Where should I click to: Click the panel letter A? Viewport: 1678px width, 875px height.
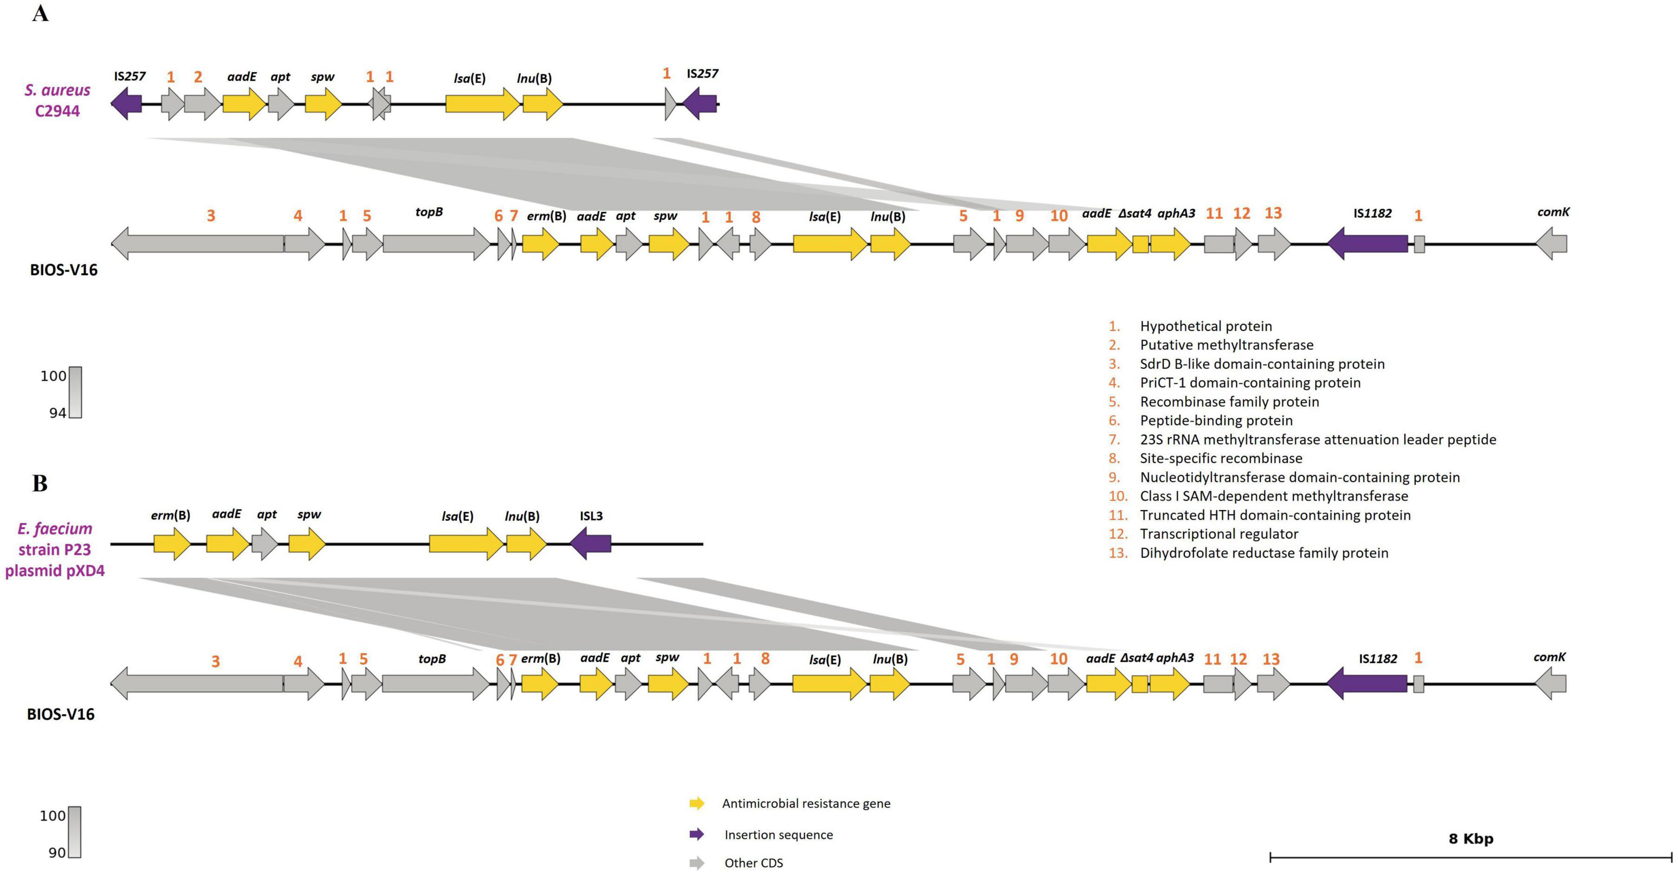point(40,13)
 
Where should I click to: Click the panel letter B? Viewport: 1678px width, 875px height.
point(40,483)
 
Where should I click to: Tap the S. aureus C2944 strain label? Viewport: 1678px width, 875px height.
point(57,100)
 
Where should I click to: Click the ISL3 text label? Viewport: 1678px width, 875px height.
point(591,516)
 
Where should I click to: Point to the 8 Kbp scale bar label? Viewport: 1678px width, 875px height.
point(1471,838)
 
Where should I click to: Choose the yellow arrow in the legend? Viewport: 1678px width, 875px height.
point(696,803)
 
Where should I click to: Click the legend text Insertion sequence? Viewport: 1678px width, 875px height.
point(778,835)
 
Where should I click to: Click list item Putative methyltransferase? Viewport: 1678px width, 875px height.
point(1226,345)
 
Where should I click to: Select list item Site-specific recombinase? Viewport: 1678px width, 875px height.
point(1221,458)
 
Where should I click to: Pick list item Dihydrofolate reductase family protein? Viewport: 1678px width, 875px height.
point(1264,553)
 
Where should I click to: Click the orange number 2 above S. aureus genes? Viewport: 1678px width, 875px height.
point(198,77)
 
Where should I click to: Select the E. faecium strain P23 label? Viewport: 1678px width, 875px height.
point(55,549)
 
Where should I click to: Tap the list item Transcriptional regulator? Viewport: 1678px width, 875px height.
point(1219,534)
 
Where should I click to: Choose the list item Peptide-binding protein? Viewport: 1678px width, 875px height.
point(1216,420)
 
